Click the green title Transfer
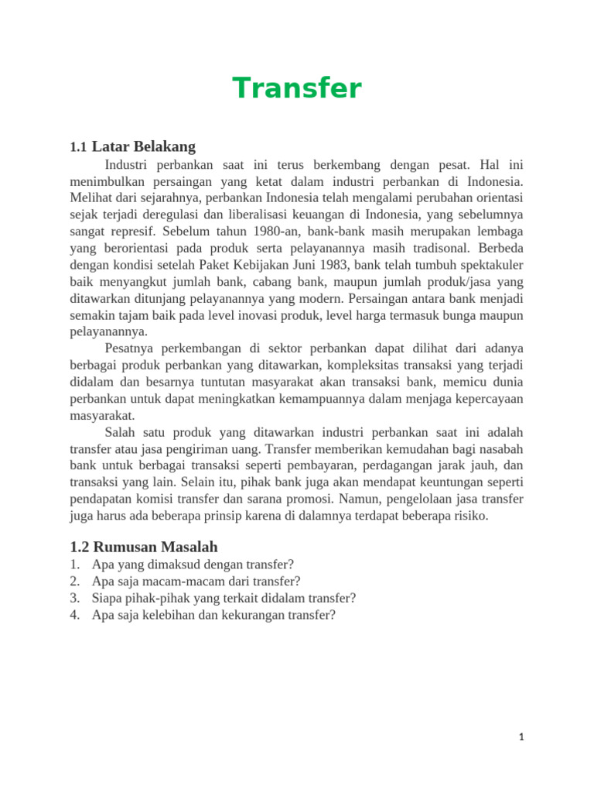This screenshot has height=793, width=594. click(297, 88)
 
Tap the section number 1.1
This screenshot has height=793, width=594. click(77, 147)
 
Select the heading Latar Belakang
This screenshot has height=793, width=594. click(144, 146)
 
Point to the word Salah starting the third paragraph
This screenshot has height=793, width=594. click(120, 432)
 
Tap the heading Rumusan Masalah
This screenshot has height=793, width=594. click(144, 547)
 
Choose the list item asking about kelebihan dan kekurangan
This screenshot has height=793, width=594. click(213, 615)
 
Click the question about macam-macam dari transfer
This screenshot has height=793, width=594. click(196, 581)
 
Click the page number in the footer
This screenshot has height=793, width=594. click(521, 737)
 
